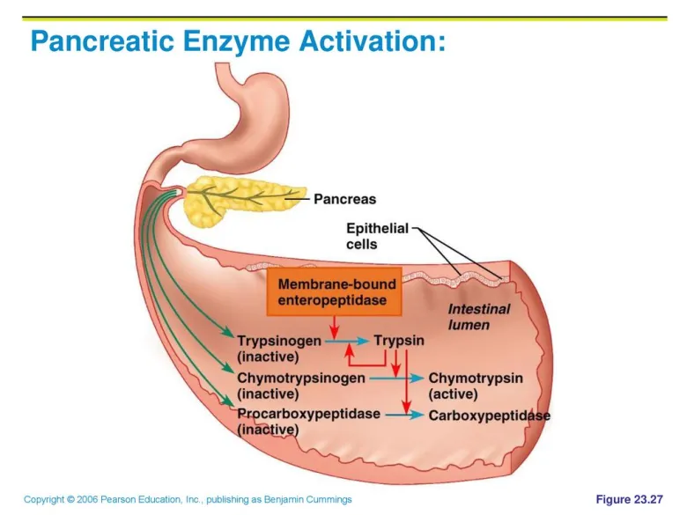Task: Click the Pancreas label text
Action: click(x=344, y=199)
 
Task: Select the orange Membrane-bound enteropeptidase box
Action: click(x=335, y=291)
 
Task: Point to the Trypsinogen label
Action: click(x=279, y=341)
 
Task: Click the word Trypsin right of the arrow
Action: click(x=399, y=341)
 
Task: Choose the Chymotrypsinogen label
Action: click(x=301, y=378)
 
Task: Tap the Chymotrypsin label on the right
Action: click(x=476, y=378)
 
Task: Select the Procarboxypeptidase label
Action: click(x=308, y=414)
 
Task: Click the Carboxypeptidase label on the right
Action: click(x=490, y=416)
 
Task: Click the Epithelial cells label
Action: click(x=377, y=236)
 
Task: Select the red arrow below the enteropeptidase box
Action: click(x=335, y=327)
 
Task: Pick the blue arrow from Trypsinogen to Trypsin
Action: click(x=346, y=341)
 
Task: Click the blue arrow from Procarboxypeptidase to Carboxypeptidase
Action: click(x=405, y=415)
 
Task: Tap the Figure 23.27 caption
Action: click(x=629, y=499)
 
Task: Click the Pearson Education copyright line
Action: click(x=188, y=499)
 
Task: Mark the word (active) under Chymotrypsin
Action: click(x=453, y=394)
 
